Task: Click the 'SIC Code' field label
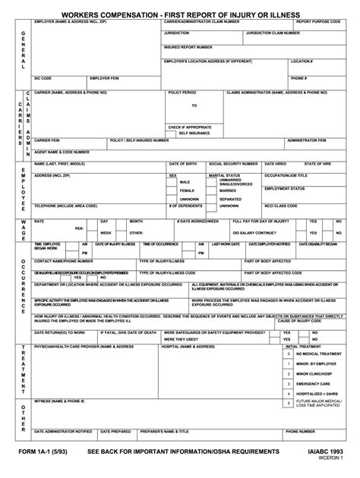[x=44, y=77]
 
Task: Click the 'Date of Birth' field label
[x=183, y=163]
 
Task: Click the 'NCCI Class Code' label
[x=282, y=205]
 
